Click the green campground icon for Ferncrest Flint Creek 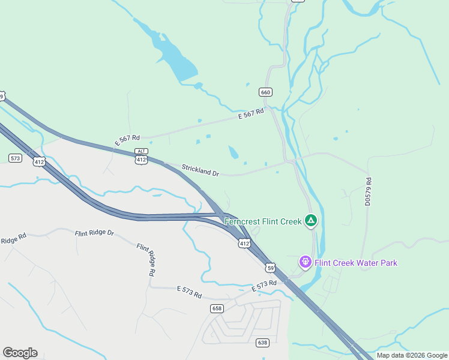click(x=311, y=221)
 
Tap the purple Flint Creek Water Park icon click(x=306, y=263)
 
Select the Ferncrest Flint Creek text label click(x=263, y=221)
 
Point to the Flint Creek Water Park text click(x=357, y=263)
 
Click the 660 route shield click(x=266, y=92)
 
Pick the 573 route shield click(x=16, y=158)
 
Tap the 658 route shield click(x=217, y=308)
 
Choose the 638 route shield click(x=262, y=343)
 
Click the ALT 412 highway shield click(x=141, y=157)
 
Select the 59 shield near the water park click(x=271, y=268)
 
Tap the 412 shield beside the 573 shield click(x=40, y=162)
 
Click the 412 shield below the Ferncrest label click(x=244, y=243)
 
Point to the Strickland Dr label click(x=200, y=171)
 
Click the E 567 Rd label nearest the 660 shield click(x=251, y=114)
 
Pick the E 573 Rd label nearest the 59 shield click(x=264, y=286)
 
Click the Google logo click(x=20, y=353)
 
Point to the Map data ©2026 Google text click(x=412, y=355)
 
